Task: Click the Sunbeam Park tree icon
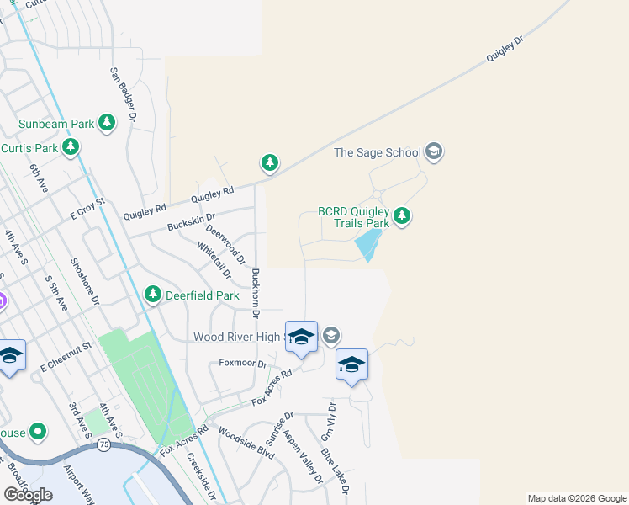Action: point(107,124)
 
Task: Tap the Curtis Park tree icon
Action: point(71,149)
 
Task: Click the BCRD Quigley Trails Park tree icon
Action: point(402,216)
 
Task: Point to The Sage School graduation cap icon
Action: point(434,152)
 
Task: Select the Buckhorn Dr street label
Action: point(256,293)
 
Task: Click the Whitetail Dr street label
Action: point(214,260)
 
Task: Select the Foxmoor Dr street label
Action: point(242,364)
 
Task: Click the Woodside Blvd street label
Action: point(246,442)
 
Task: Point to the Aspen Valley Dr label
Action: point(303,457)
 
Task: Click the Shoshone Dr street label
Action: point(85,281)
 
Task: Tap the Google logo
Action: point(28,495)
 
